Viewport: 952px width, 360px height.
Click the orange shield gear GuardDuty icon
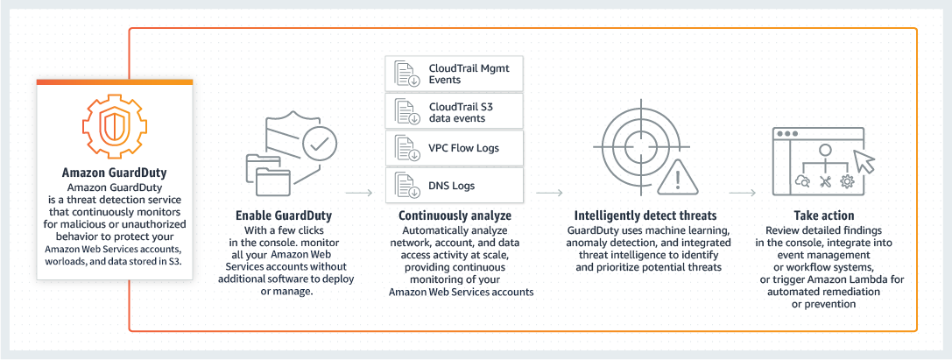tap(114, 124)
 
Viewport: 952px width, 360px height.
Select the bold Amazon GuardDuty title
tap(114, 173)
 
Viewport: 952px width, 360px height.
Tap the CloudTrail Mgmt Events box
tap(454, 73)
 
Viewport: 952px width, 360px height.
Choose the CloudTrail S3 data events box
tap(454, 111)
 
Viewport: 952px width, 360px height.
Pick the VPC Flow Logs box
tap(454, 148)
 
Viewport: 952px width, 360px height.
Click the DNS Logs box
tap(454, 185)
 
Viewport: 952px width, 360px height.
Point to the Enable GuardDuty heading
tap(285, 215)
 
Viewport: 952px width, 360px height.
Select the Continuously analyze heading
tap(455, 215)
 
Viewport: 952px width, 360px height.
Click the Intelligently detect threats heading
tap(645, 215)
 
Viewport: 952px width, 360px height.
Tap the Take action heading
tap(824, 215)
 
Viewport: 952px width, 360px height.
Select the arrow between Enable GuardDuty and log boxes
tap(358, 190)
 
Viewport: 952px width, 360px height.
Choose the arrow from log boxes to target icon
tap(549, 190)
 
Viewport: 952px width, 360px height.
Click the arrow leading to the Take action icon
tap(742, 190)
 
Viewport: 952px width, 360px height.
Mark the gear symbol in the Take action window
tap(846, 181)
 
